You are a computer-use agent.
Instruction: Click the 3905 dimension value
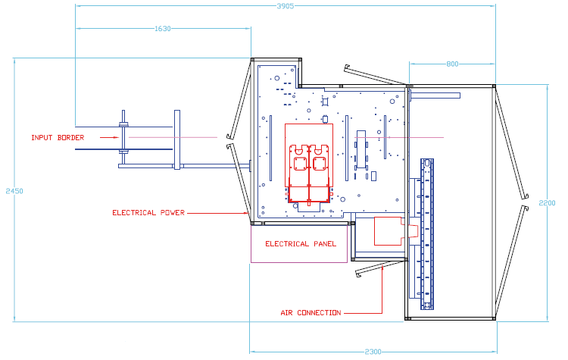(x=285, y=6)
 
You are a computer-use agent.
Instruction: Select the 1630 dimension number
(x=163, y=29)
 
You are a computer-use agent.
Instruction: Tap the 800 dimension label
(x=452, y=64)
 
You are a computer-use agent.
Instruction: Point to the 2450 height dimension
(x=14, y=191)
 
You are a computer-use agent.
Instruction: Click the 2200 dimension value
(x=547, y=203)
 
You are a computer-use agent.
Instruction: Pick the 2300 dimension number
(x=373, y=352)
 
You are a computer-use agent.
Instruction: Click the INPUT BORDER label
(x=58, y=138)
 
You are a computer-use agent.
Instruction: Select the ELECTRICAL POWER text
(x=148, y=213)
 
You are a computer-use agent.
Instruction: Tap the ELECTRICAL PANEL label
(x=301, y=244)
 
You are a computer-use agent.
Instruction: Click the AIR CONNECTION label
(x=311, y=313)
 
